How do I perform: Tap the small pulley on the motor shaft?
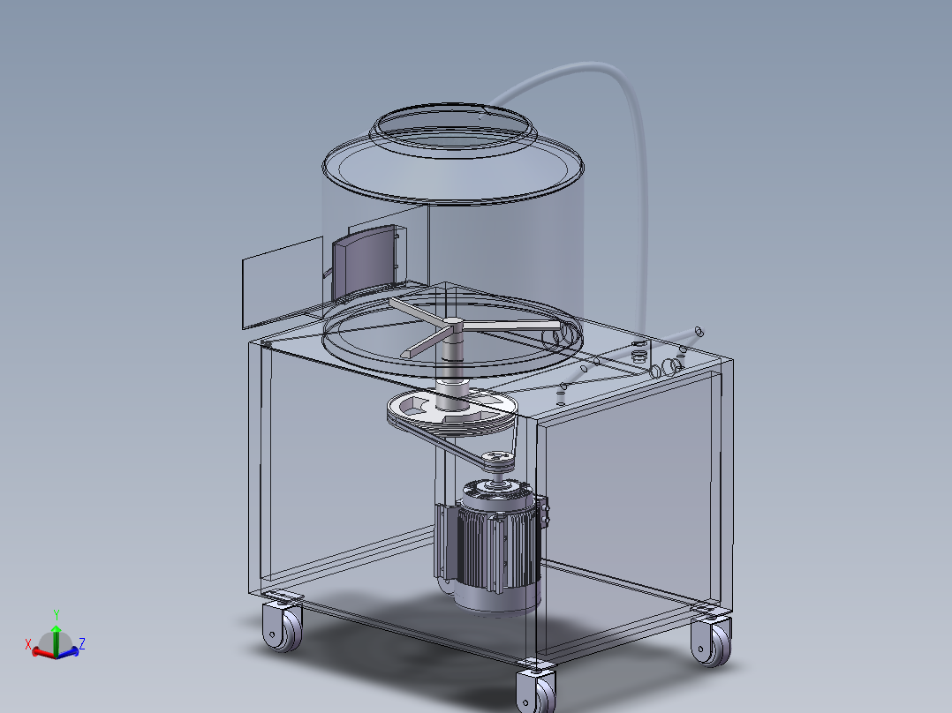[499, 459]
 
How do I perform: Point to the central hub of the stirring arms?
[452, 326]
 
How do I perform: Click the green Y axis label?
[56, 615]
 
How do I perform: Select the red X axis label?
[28, 643]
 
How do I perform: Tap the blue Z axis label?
[81, 643]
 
